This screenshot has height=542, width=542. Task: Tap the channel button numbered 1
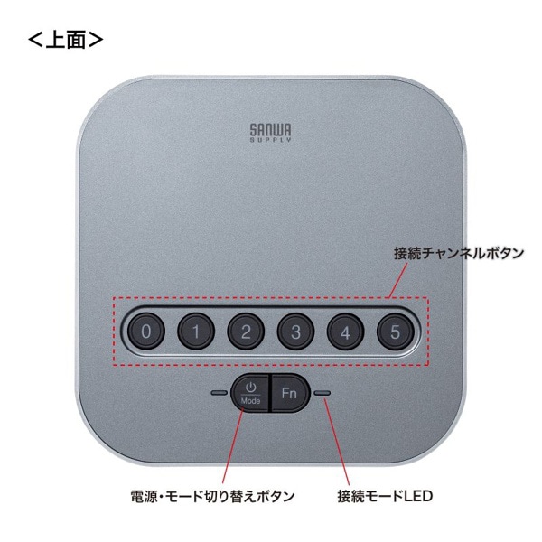195,331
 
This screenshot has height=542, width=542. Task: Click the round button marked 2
245,331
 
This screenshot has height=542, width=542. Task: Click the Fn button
289,393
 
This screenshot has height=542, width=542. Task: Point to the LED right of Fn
322,393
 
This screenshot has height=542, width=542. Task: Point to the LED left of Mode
219,393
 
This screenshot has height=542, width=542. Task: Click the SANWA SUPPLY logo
271,133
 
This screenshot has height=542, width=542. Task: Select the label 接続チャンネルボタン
458,253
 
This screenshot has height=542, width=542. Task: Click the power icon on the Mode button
252,387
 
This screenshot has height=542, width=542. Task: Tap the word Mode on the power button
252,400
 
